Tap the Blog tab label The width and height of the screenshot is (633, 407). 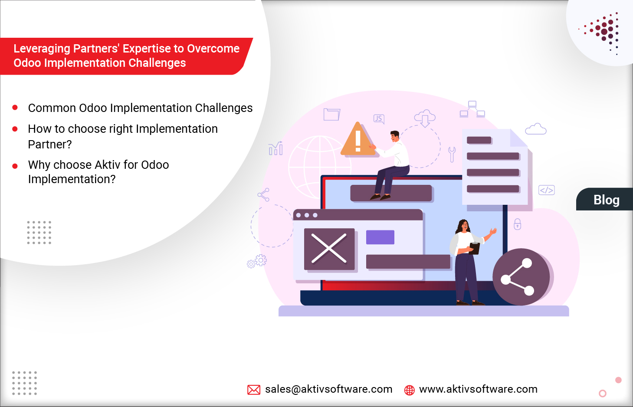coord(606,200)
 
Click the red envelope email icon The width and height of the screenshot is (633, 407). coord(254,390)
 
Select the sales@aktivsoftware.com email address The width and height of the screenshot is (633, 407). coord(328,389)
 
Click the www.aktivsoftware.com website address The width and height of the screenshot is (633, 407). coord(478,389)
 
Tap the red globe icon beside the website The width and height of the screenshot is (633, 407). coord(409,390)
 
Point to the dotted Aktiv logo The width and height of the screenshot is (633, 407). coord(603,32)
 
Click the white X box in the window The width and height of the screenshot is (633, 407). coord(329,249)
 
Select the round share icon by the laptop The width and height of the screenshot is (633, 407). coord(521,277)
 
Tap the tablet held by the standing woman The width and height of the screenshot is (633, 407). coord(475,248)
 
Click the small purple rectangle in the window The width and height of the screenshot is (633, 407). coord(380,237)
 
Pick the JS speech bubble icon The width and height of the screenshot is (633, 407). coord(379,119)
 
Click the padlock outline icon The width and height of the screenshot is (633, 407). coord(517,224)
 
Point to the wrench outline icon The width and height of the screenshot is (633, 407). coord(452,154)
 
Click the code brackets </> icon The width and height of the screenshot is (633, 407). coord(546,190)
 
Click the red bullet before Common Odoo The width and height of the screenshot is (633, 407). coord(15,108)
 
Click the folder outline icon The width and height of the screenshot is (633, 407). coord(331,115)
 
